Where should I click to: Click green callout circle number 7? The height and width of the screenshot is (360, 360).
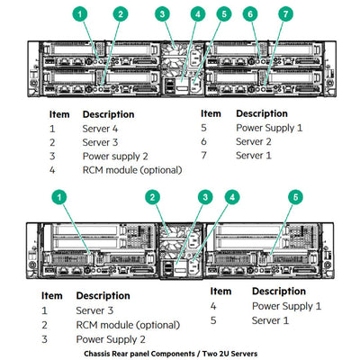(285, 14)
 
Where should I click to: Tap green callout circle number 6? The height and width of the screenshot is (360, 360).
(250, 14)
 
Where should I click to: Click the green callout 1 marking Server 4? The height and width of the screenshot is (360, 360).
(80, 14)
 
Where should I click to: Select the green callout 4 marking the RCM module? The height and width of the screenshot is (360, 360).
(198, 14)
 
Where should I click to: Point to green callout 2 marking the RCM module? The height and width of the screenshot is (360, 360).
(154, 196)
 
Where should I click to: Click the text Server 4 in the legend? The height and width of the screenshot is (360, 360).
(100, 129)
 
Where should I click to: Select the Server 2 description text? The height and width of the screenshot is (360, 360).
(254, 141)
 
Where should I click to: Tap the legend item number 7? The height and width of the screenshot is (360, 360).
(203, 155)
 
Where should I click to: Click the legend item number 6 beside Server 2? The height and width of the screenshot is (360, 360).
(203, 141)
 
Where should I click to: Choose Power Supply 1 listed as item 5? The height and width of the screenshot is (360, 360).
(269, 128)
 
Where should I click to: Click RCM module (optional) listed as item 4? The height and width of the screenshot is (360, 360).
(132, 169)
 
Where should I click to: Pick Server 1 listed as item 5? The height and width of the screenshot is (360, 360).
(270, 319)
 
